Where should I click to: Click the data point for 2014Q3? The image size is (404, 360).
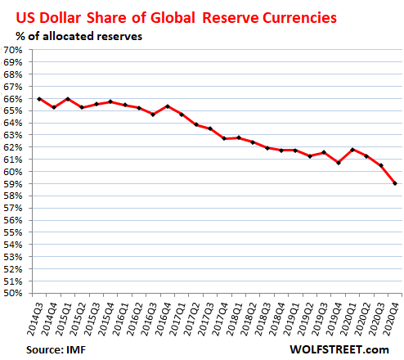click(x=39, y=99)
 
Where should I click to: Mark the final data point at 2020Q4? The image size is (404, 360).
click(x=397, y=183)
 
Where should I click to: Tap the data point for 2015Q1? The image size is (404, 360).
click(x=68, y=99)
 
